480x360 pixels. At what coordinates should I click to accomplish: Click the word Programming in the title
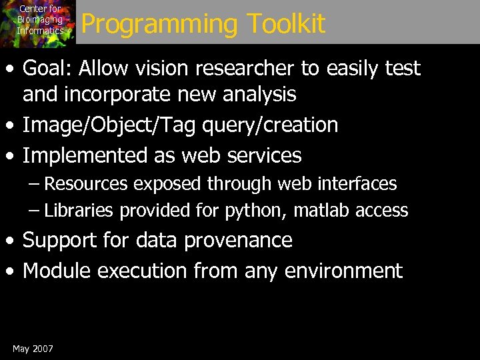click(x=160, y=24)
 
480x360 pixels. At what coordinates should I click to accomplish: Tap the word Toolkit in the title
click(x=285, y=24)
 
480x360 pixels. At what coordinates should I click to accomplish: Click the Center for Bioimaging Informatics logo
click(x=38, y=22)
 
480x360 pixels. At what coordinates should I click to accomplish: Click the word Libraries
click(x=79, y=211)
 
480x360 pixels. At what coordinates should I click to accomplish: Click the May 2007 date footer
click(x=33, y=349)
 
